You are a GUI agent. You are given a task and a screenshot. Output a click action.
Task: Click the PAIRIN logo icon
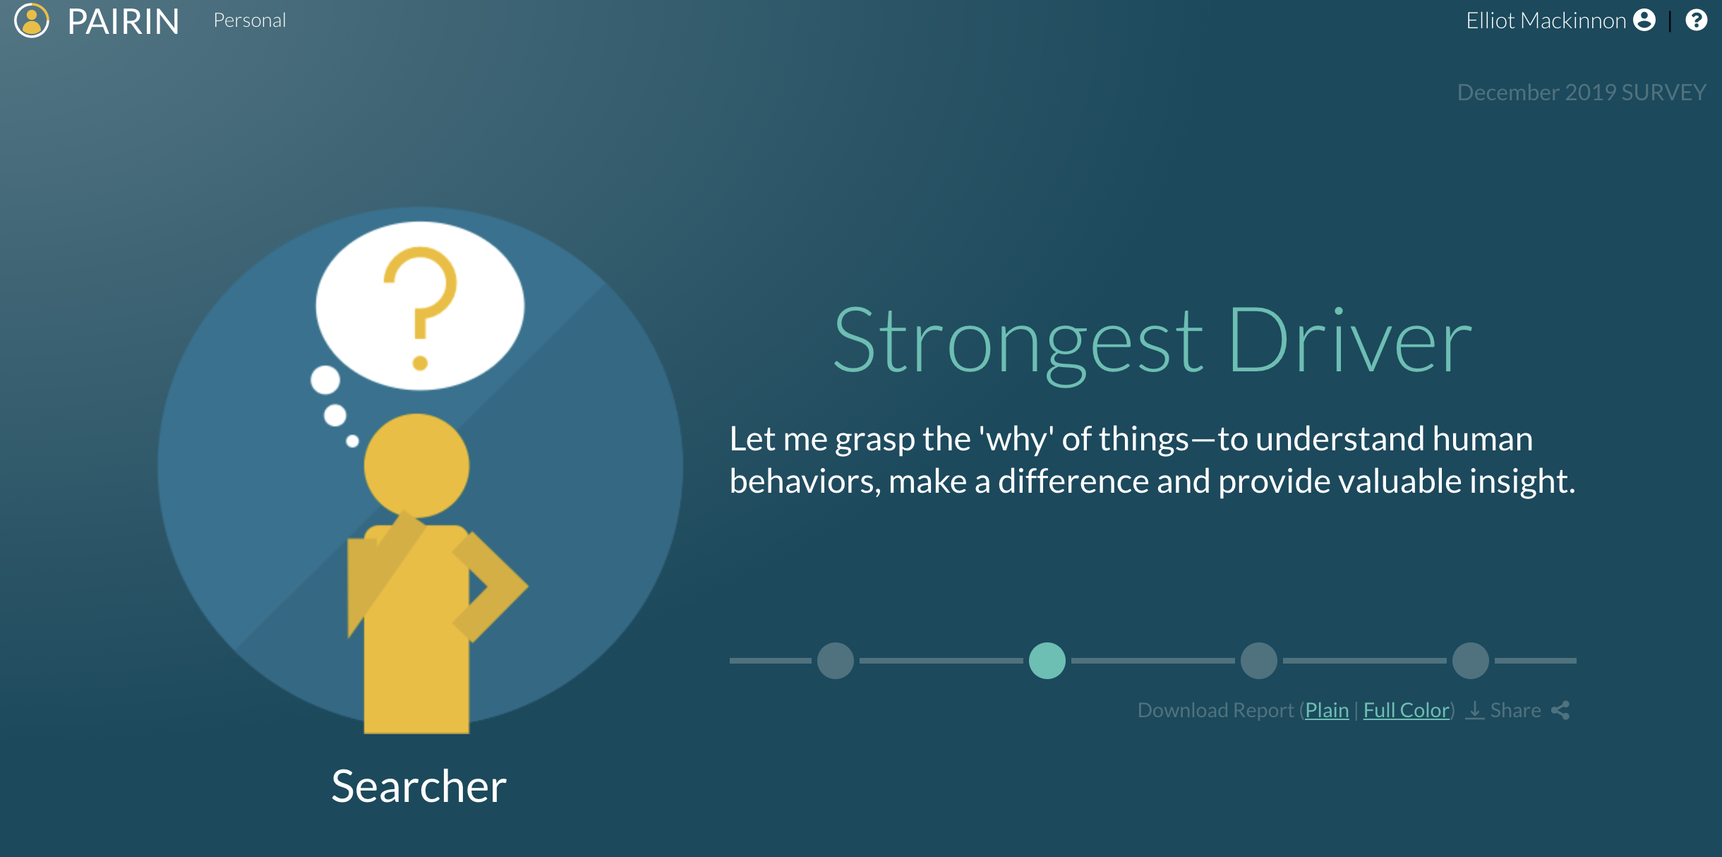tap(32, 20)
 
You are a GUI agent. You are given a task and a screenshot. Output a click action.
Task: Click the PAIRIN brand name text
tap(124, 22)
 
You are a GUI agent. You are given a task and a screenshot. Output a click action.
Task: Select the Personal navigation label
tap(250, 20)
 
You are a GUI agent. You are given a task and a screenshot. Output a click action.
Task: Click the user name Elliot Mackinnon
tap(1546, 20)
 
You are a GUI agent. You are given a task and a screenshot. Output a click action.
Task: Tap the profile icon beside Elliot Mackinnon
tap(1644, 20)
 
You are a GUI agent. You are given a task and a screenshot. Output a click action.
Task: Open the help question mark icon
tap(1697, 20)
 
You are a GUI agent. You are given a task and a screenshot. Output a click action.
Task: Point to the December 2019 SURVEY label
tap(1582, 92)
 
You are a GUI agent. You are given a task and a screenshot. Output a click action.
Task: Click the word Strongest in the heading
tap(1018, 343)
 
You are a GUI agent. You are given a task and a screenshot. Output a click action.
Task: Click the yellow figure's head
tap(416, 466)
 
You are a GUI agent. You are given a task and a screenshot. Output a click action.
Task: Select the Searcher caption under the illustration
tap(419, 786)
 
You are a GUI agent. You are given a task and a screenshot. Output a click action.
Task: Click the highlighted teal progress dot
tap(1047, 661)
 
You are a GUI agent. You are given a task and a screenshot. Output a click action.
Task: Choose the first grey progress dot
tap(836, 661)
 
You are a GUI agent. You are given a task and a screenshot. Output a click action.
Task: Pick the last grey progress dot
tap(1471, 661)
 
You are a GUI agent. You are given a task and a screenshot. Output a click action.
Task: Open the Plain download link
tap(1327, 710)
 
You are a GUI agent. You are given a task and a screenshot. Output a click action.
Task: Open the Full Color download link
tap(1407, 710)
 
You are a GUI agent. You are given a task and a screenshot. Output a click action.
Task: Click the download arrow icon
tap(1475, 710)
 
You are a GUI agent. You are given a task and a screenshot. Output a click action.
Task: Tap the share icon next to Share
tap(1560, 710)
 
